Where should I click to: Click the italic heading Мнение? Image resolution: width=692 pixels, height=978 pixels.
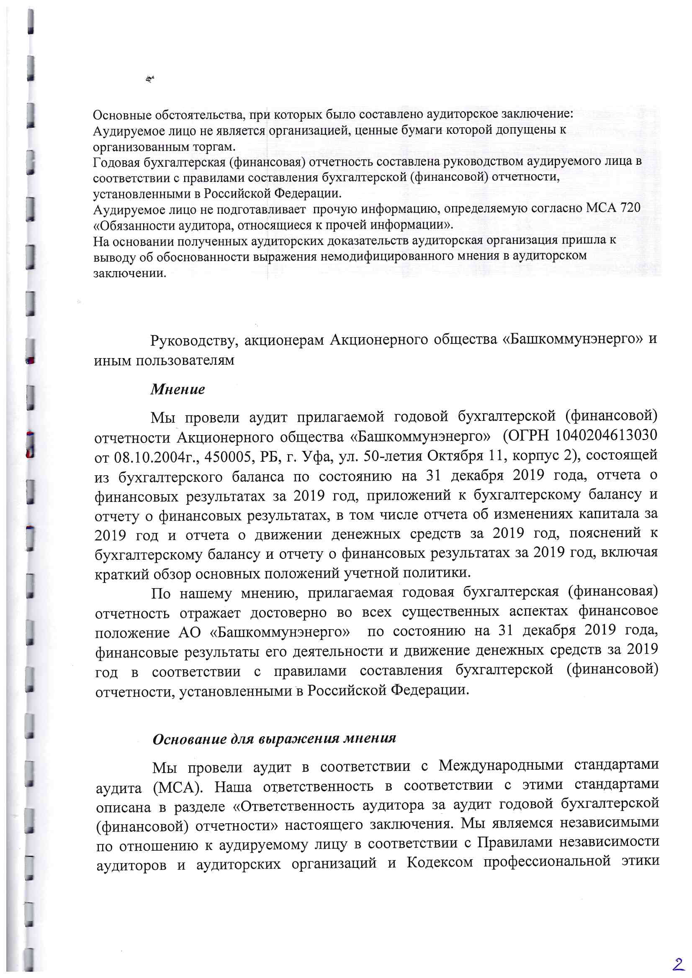pyautogui.click(x=178, y=389)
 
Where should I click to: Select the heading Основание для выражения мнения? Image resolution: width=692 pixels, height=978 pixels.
pyautogui.click(x=274, y=738)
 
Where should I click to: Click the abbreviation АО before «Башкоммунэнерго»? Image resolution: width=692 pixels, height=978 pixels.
pyautogui.click(x=189, y=632)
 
